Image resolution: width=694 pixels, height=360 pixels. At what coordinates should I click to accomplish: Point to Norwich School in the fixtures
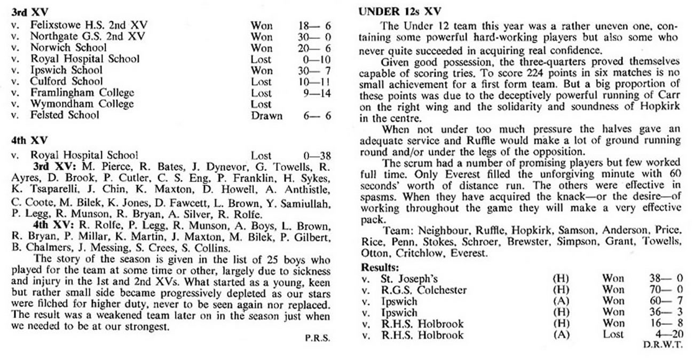tap(69, 48)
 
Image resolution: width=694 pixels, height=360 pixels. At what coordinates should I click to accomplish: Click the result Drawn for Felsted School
tap(266, 115)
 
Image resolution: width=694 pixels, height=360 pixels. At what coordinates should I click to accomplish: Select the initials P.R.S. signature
tap(318, 338)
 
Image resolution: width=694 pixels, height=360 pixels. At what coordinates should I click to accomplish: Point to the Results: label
tap(380, 267)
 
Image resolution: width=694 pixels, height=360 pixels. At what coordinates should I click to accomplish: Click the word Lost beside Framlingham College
tap(261, 92)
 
